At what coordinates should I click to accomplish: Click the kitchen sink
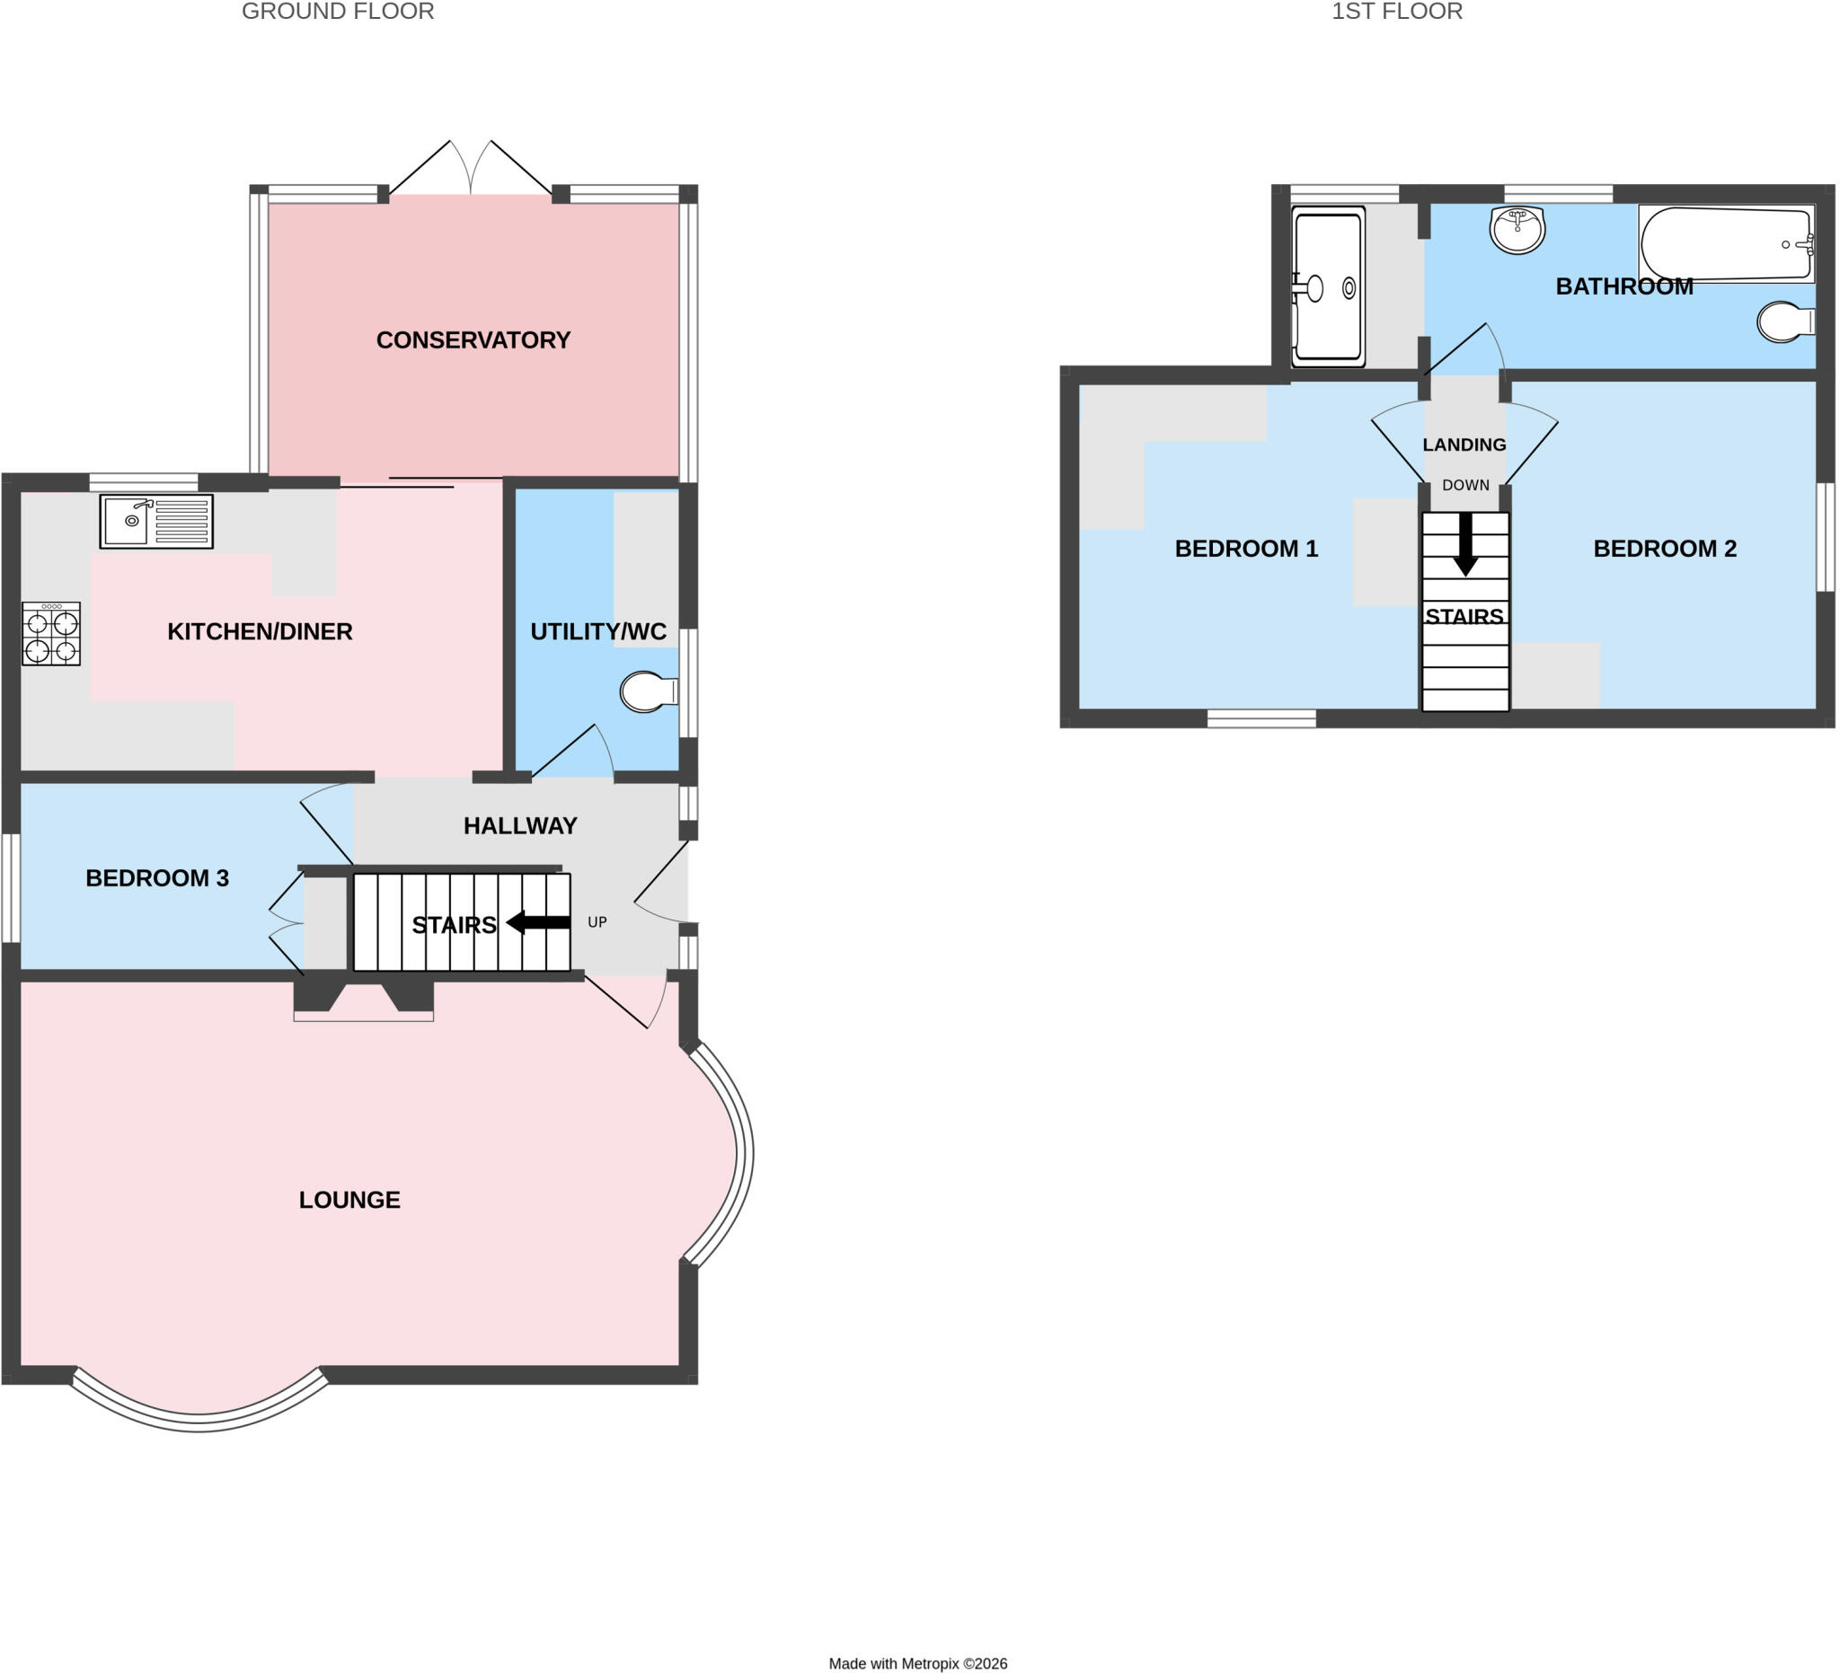[156, 522]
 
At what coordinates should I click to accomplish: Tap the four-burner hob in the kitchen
[51, 634]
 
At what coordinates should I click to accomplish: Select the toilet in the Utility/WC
[649, 692]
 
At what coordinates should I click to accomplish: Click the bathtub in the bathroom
[1726, 243]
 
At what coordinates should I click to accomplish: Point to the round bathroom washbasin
[1517, 229]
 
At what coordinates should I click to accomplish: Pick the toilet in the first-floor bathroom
[1786, 321]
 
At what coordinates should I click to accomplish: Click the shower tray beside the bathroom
[1328, 286]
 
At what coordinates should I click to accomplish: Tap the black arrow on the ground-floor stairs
[538, 922]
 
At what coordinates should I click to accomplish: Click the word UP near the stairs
[597, 922]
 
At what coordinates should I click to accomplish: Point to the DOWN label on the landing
[1465, 485]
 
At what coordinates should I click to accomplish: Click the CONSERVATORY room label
[473, 340]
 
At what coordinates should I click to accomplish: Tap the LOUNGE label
[349, 1200]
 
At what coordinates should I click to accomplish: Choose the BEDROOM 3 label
[157, 877]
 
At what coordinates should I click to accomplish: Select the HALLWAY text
[520, 825]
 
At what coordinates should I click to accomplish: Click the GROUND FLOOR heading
[338, 12]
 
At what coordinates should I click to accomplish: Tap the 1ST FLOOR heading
[1397, 12]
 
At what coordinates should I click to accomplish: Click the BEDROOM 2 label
[1665, 549]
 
